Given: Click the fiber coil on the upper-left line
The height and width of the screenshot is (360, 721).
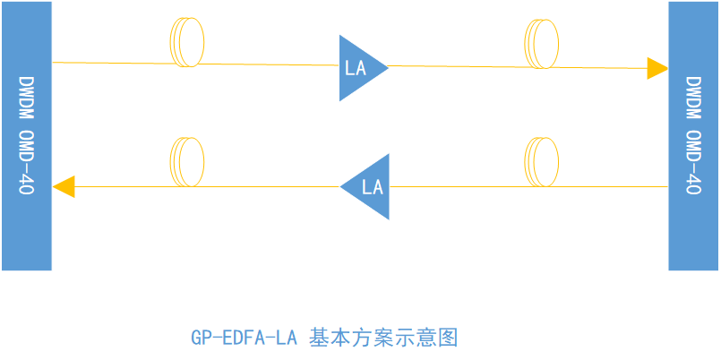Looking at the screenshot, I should coord(186,42).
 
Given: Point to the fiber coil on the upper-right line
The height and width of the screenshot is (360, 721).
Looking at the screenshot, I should coord(540,44).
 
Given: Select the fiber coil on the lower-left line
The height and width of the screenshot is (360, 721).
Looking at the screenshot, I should coord(186,160).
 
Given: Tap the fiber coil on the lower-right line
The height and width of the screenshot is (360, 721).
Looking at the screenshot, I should coord(540,161).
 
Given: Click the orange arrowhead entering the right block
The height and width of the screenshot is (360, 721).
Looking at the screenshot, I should coord(658,68).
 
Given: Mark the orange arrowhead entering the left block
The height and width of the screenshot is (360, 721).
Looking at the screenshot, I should coord(64,186).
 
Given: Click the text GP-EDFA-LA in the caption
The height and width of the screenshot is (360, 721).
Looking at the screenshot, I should coord(244,339).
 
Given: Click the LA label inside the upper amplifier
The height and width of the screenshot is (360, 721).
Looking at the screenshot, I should coord(356,67).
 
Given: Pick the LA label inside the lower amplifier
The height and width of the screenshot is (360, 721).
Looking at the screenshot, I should coord(373,187).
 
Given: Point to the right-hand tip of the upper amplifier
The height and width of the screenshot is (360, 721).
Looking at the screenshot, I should coord(387,66).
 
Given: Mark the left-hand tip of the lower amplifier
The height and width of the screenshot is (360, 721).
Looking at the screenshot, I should coord(342,186).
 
